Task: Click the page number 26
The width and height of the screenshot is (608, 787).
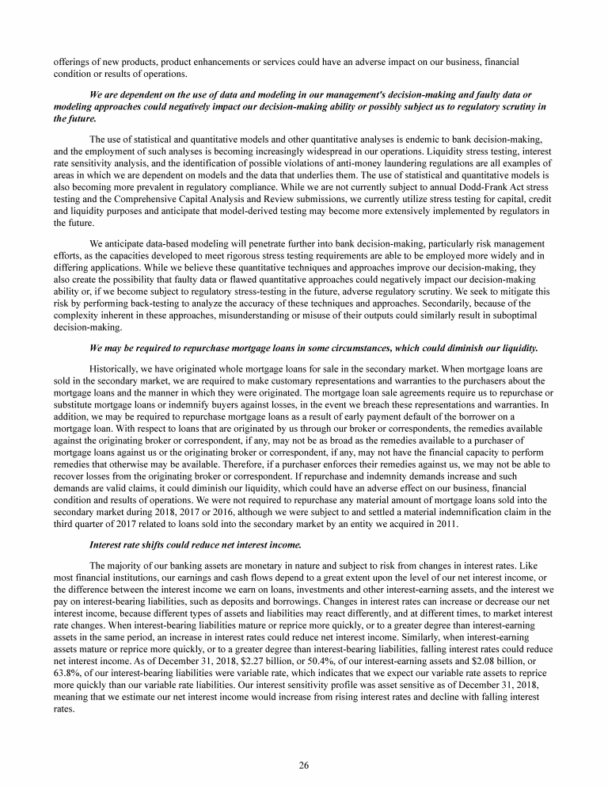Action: coord(304,765)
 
